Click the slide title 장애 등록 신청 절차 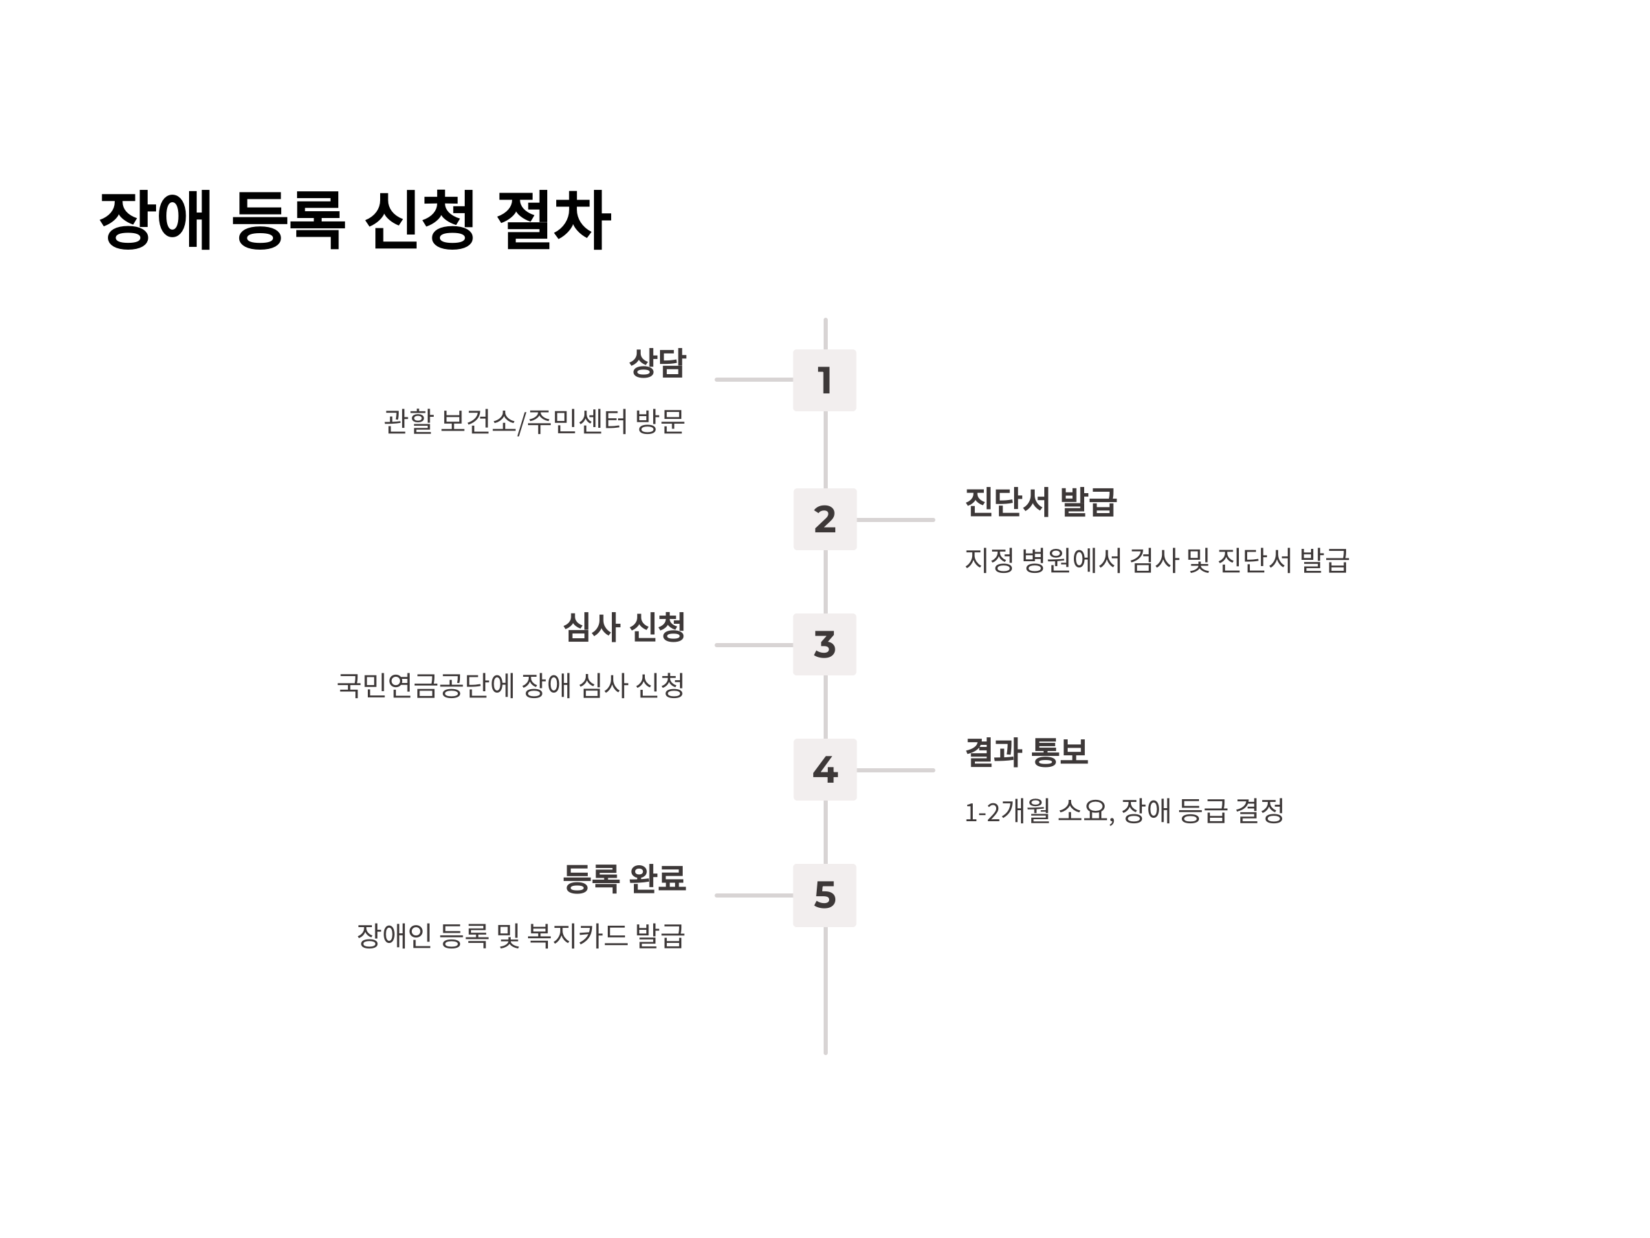tap(355, 220)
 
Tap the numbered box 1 tap(824, 380)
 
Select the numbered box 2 tap(824, 519)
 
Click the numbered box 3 tap(824, 644)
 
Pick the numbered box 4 tap(824, 770)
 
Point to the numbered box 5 tap(824, 895)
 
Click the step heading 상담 tap(657, 363)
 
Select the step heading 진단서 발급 tap(1041, 502)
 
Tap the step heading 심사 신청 tap(624, 627)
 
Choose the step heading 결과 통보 tap(1026, 752)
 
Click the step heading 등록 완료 tap(624, 878)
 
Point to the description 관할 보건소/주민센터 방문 tap(534, 422)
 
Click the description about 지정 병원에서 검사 tap(1156, 561)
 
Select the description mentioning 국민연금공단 tap(510, 685)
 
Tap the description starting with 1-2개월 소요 tap(1123, 811)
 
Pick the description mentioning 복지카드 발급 tap(520, 936)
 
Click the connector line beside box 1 tap(753, 380)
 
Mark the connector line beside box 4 tap(895, 770)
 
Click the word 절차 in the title tap(553, 220)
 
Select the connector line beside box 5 tap(753, 895)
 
